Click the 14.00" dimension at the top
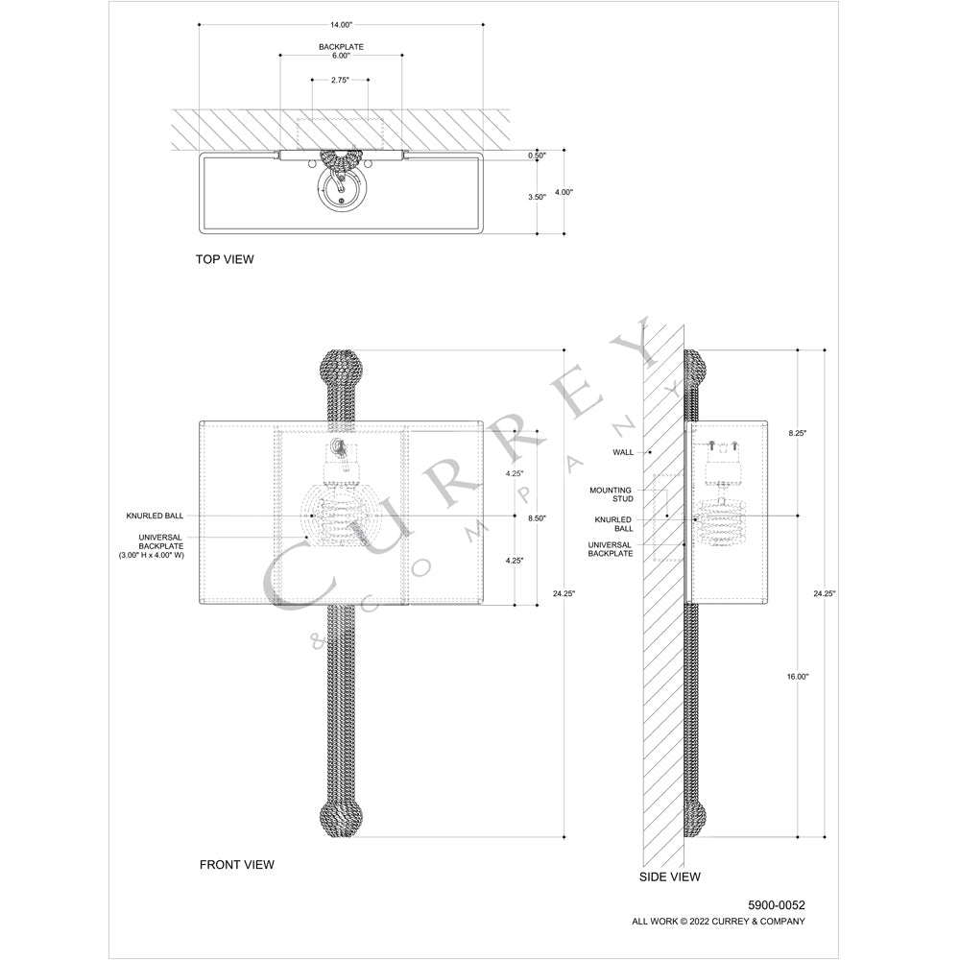[x=341, y=25]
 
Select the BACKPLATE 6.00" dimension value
[x=341, y=56]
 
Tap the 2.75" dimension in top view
[x=340, y=81]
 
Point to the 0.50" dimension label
[x=537, y=156]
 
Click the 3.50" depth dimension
[x=537, y=197]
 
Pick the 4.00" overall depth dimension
[x=564, y=192]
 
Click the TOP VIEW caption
[x=225, y=259]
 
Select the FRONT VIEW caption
[x=237, y=865]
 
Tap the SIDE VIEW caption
[x=670, y=876]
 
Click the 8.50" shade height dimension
[x=537, y=518]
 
